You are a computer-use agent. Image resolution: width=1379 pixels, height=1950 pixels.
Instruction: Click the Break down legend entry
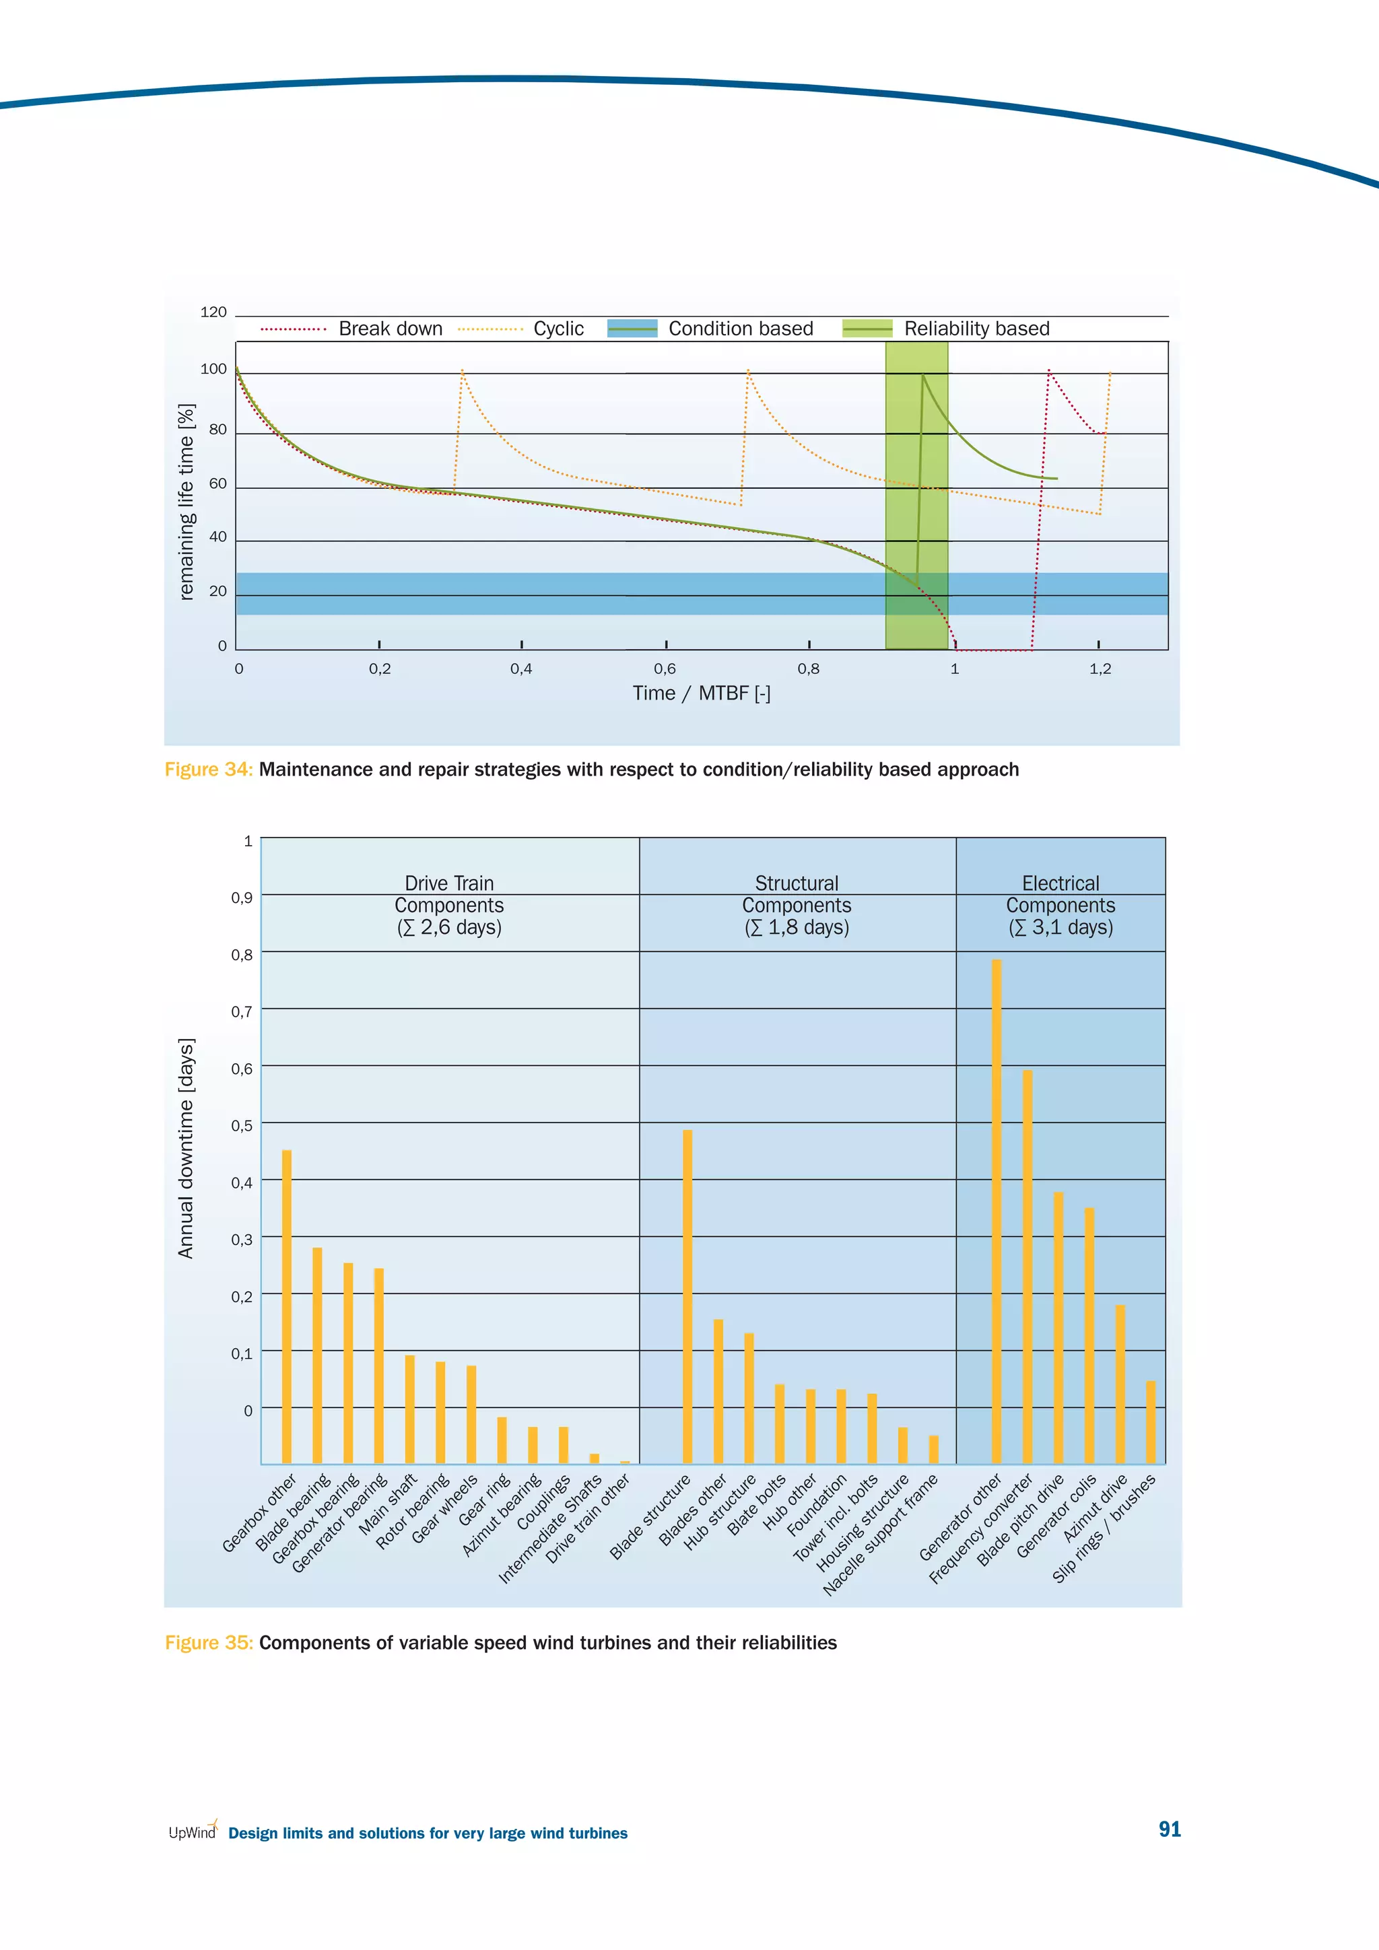pyautogui.click(x=352, y=329)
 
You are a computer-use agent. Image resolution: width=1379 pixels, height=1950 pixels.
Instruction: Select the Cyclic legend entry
pyautogui.click(x=521, y=329)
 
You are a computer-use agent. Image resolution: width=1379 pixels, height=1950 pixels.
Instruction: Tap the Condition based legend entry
pyautogui.click(x=711, y=329)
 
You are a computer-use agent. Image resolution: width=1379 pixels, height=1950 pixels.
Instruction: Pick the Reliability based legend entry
pyautogui.click(x=947, y=329)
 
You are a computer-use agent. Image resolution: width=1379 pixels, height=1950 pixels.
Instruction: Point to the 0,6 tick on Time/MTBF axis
pyautogui.click(x=665, y=669)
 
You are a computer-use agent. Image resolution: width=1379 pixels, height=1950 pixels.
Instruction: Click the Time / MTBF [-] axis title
pyautogui.click(x=702, y=693)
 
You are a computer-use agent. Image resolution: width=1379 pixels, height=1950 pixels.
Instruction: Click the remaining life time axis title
pyautogui.click(x=186, y=501)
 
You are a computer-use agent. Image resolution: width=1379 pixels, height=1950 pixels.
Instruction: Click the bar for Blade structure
pyautogui.click(x=687, y=1296)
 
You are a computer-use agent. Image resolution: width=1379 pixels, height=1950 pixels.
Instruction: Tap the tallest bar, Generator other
pyautogui.click(x=997, y=1211)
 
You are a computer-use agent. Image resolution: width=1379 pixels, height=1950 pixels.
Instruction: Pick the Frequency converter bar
pyautogui.click(x=1028, y=1267)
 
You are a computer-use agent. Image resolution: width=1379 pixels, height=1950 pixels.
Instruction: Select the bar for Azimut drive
pyautogui.click(x=1120, y=1384)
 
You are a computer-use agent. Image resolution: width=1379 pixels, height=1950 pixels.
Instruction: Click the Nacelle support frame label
pyautogui.click(x=881, y=1535)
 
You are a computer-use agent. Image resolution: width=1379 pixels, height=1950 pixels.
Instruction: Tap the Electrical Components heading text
pyautogui.click(x=1061, y=906)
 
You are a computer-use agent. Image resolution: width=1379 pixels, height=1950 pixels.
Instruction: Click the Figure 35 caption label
pyautogui.click(x=209, y=1642)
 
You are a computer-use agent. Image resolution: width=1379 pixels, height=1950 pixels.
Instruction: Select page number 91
pyautogui.click(x=1170, y=1829)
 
